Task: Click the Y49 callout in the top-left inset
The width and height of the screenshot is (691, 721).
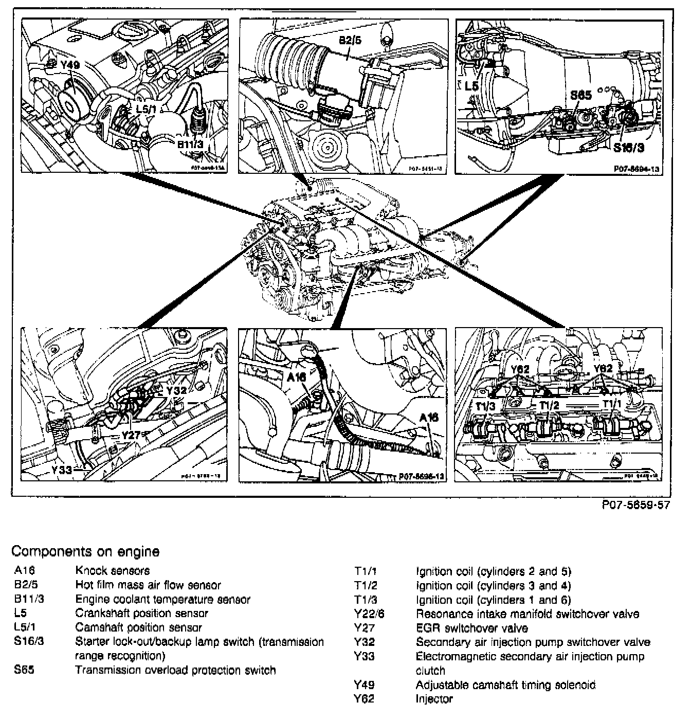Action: (x=70, y=65)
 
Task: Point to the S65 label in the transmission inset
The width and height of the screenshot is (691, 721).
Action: (x=581, y=95)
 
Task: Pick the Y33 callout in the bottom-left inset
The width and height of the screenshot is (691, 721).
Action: (x=62, y=469)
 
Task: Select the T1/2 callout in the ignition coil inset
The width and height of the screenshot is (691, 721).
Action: (x=549, y=405)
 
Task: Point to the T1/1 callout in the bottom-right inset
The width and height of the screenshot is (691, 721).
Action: (x=612, y=404)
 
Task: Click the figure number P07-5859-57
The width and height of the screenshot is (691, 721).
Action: (x=636, y=505)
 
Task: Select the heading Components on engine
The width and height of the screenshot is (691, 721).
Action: (x=85, y=552)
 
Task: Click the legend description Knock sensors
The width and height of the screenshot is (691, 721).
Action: (x=113, y=570)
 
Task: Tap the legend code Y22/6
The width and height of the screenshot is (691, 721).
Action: (x=369, y=614)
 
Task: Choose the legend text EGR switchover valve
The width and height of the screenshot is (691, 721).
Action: (x=471, y=628)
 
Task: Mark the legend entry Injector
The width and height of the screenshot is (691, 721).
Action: (x=434, y=699)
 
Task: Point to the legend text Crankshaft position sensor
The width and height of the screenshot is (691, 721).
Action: (x=141, y=614)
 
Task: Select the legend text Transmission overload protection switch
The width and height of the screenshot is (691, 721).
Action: (x=175, y=670)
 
